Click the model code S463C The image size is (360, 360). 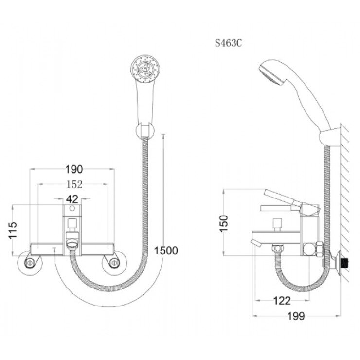[229, 42]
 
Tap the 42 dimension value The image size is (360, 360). [72, 198]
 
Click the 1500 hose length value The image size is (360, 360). [166, 251]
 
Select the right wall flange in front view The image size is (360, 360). [113, 264]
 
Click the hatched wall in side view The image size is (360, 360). [346, 195]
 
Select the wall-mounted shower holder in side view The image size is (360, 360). [331, 133]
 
